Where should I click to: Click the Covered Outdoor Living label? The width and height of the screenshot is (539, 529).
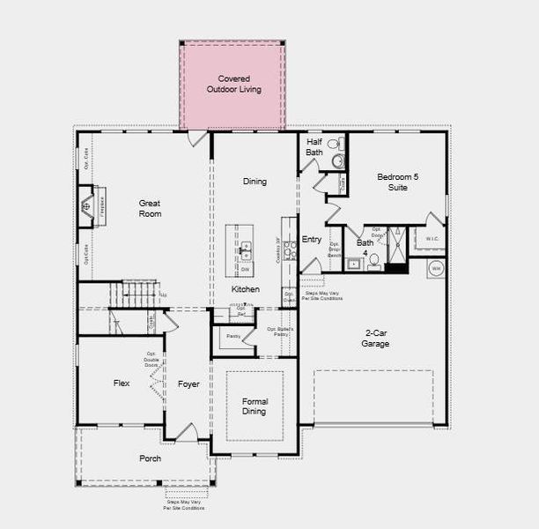coord(233,84)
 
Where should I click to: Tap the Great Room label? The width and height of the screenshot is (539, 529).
coord(150,208)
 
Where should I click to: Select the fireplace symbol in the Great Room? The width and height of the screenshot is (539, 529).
coord(87,207)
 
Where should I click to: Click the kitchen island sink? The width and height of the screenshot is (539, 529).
coord(245,250)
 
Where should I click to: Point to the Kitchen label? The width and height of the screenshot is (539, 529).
coord(245,289)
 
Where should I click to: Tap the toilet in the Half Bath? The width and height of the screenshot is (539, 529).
coord(335,144)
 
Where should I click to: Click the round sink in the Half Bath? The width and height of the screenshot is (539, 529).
coord(337,160)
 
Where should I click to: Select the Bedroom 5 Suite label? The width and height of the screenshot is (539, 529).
coord(398,182)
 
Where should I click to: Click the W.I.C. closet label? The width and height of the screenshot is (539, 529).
coord(432,238)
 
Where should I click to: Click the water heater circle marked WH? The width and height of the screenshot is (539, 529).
coord(435,269)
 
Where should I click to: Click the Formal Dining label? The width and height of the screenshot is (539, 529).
coord(255,406)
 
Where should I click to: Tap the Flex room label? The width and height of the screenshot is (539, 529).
coord(122,384)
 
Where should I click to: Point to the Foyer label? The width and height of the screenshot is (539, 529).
coord(188,384)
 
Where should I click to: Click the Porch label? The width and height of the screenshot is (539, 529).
coord(150,458)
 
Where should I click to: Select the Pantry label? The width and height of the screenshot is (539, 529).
coord(233,336)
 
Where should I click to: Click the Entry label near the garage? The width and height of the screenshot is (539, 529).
coord(312,239)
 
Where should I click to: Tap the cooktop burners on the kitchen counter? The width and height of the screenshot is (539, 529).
coord(291,251)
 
